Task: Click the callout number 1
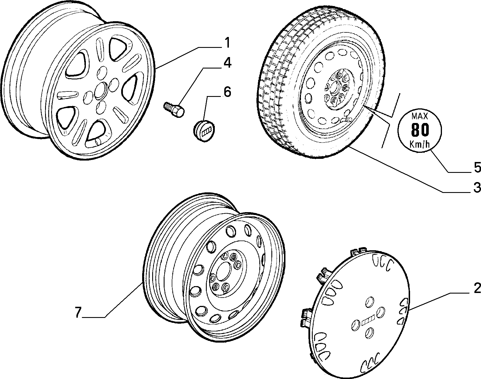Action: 227,43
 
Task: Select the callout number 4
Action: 227,63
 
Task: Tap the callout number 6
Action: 227,92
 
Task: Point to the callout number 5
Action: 477,167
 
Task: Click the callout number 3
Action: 477,188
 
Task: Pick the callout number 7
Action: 78,312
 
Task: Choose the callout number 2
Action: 477,288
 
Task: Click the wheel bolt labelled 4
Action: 174,110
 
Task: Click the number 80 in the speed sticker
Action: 420,130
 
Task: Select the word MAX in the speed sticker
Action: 420,116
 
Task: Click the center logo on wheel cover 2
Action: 368,320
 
